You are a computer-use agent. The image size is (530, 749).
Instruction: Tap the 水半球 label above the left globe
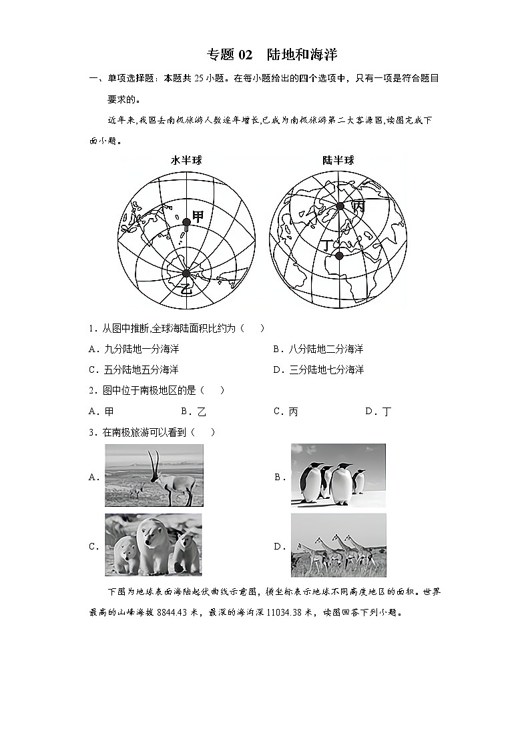pyautogui.click(x=186, y=160)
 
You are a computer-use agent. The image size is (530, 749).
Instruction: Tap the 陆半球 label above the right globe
pyautogui.click(x=338, y=160)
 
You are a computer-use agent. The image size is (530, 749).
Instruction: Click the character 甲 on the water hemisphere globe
pyautogui.click(x=198, y=216)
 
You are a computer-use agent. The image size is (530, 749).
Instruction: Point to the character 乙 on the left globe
pyautogui.click(x=186, y=289)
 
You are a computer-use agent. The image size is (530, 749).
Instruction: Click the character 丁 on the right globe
pyautogui.click(x=326, y=246)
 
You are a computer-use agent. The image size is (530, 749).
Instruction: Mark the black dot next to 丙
pyautogui.click(x=340, y=206)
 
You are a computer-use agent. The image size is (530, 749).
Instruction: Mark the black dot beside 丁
pyautogui.click(x=339, y=255)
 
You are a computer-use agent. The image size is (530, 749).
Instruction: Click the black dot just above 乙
pyautogui.click(x=186, y=273)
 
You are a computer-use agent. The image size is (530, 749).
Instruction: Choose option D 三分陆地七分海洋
pyautogui.click(x=317, y=369)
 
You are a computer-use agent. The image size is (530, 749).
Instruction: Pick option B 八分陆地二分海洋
pyautogui.click(x=317, y=349)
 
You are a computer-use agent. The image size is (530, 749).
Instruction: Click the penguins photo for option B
pyautogui.click(x=338, y=475)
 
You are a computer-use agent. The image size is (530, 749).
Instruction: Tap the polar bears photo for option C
pyautogui.click(x=153, y=544)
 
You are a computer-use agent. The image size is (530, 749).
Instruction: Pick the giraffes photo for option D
pyautogui.click(x=338, y=545)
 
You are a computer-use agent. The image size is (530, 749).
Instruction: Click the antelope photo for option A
pyautogui.click(x=154, y=475)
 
